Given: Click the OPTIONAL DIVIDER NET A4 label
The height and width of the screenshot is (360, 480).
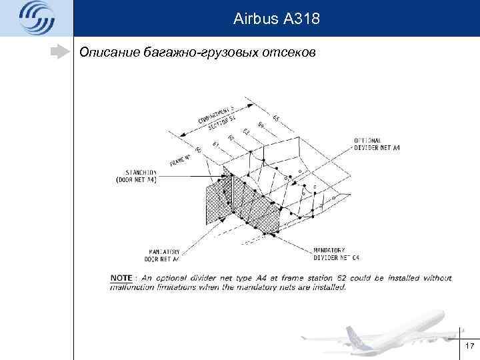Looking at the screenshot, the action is tap(377, 144).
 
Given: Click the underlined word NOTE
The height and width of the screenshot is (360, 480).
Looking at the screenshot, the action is tap(121, 278).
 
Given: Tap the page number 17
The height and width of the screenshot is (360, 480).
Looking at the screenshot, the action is tap(469, 346).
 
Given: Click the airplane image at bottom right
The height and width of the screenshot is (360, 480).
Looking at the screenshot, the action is tap(400, 330).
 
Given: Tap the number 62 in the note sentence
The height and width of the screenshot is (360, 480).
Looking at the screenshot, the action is tap(315, 278).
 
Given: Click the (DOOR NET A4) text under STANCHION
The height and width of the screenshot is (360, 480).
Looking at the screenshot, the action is tap(137, 180).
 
